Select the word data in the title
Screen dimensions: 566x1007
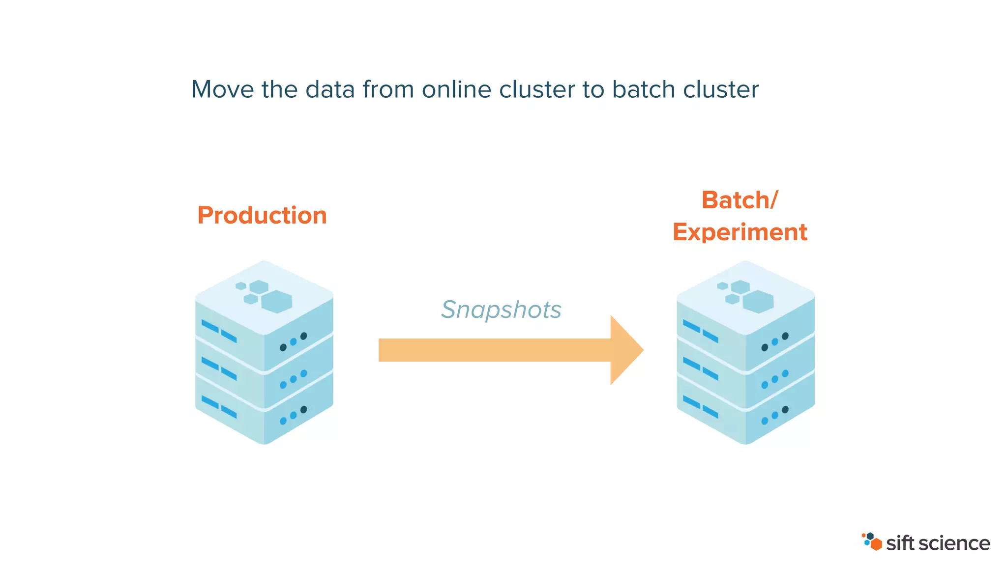(x=330, y=89)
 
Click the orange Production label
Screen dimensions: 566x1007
(x=262, y=215)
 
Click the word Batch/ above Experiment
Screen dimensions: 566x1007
(x=740, y=200)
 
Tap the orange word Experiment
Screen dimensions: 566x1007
(x=740, y=232)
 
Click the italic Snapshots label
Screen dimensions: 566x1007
(x=501, y=310)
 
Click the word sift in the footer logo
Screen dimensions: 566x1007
(x=900, y=543)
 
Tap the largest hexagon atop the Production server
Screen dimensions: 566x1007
(x=277, y=301)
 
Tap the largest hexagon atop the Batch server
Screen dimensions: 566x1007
(x=758, y=301)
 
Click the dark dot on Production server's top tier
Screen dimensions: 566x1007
(x=304, y=336)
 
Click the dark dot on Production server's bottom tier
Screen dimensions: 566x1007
(x=304, y=409)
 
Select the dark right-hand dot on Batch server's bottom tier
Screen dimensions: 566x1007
(x=785, y=409)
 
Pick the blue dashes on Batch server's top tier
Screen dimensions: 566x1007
(x=700, y=331)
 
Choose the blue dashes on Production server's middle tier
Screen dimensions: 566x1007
(x=219, y=368)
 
